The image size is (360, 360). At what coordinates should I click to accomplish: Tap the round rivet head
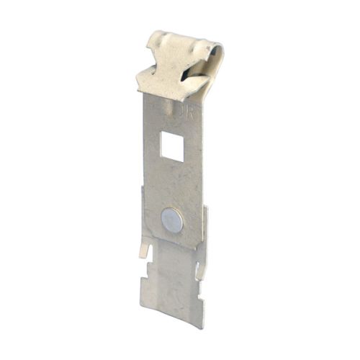tap(172, 220)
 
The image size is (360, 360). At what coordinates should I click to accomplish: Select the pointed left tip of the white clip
tap(140, 81)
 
